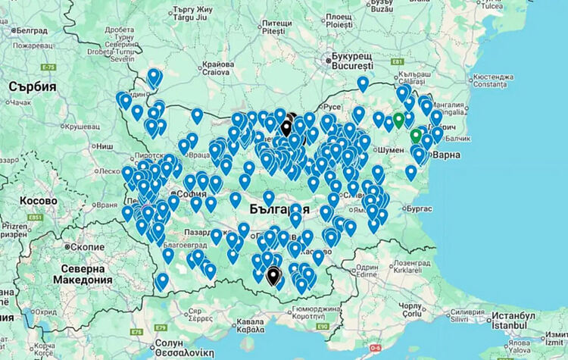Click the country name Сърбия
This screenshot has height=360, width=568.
pos(33,87)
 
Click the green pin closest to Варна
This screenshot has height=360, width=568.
pos(415,136)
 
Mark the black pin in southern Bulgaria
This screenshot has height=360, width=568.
pos(273,275)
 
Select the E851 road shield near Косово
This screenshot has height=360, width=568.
pos(34,218)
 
